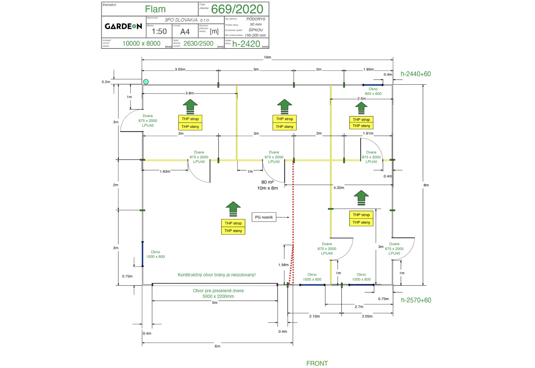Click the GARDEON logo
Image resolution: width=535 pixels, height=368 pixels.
pyautogui.click(x=123, y=26)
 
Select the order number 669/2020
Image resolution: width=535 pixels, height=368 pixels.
pyautogui.click(x=237, y=9)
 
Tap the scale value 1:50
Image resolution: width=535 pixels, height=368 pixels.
pyautogui.click(x=159, y=31)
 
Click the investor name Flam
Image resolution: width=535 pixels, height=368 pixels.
pyautogui.click(x=155, y=9)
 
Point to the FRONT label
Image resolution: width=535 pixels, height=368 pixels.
pyautogui.click(x=317, y=363)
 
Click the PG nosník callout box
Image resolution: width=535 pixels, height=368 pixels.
pyautogui.click(x=264, y=217)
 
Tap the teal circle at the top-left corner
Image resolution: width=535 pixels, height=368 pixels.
pyautogui.click(x=146, y=82)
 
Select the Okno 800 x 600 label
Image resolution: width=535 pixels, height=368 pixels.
pyautogui.click(x=373, y=91)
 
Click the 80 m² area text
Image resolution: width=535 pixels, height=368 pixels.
pyautogui.click(x=267, y=182)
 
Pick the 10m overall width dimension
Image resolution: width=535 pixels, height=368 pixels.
pyautogui.click(x=267, y=57)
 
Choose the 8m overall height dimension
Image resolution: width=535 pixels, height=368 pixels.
pyautogui.click(x=426, y=185)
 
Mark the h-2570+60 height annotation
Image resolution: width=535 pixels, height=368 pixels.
pyautogui.click(x=416, y=300)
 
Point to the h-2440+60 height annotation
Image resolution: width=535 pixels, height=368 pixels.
pyautogui.click(x=416, y=74)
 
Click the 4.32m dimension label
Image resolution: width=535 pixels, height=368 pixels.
pyautogui.click(x=339, y=188)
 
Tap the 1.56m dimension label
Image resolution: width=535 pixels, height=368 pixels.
pyautogui.click(x=283, y=265)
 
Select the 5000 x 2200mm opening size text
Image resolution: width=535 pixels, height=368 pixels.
pyautogui.click(x=218, y=296)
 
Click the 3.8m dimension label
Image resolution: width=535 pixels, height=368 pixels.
pyautogui.click(x=190, y=93)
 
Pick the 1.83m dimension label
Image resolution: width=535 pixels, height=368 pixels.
pyautogui.click(x=165, y=171)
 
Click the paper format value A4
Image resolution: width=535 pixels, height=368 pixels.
pyautogui.click(x=185, y=32)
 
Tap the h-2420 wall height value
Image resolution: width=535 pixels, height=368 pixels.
pyautogui.click(x=246, y=44)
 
